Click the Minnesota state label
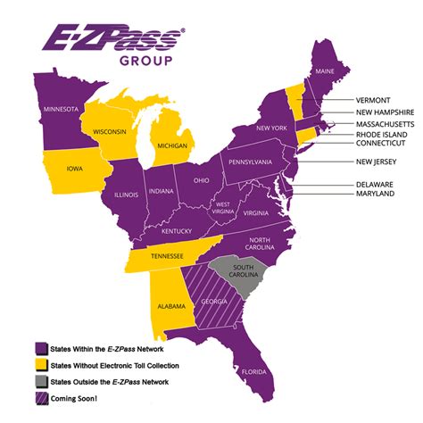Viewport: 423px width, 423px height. click(x=56, y=109)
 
